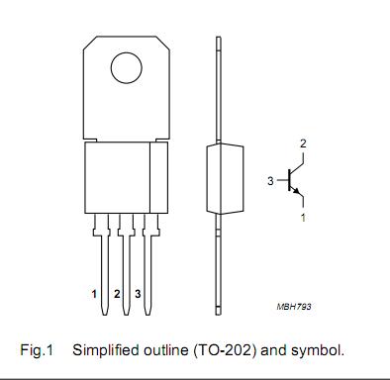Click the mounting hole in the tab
pyautogui.click(x=125, y=68)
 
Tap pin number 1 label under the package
pyautogui.click(x=93, y=294)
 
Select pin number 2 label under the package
pyautogui.click(x=116, y=294)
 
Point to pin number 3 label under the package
pyautogui.click(x=138, y=294)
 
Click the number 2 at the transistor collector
pyautogui.click(x=304, y=144)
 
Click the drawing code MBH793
pyautogui.click(x=293, y=308)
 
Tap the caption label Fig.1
pyautogui.click(x=36, y=350)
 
